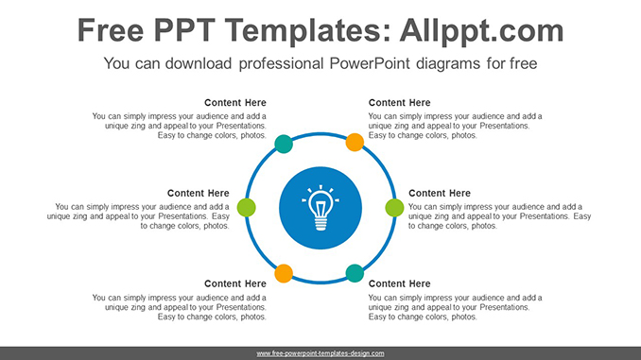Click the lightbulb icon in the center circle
pos(320,205)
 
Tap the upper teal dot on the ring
pos(283,144)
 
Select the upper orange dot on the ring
pos(355,143)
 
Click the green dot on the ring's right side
pos(394,207)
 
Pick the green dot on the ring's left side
pos(246,207)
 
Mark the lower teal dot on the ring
pos(355,273)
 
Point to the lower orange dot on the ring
pos(283,274)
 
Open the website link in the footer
pos(320,352)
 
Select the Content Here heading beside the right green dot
pos(439,194)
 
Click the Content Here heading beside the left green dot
pos(199,194)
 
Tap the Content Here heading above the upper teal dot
pos(235,103)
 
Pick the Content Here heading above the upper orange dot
pos(399,103)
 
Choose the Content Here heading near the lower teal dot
pos(399,283)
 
